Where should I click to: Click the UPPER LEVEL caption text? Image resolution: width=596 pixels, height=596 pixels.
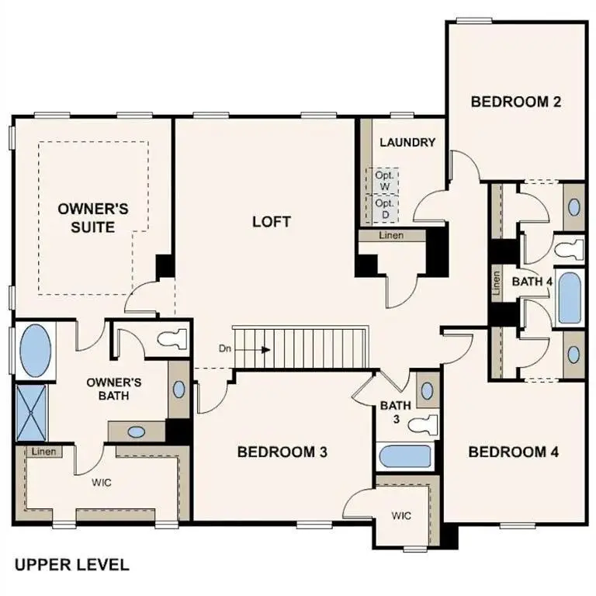pos(71,564)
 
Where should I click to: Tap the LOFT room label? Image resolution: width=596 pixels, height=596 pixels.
pos(272,222)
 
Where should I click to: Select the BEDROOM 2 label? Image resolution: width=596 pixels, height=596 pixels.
pos(516,101)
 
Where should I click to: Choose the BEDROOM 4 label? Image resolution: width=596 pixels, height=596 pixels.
pos(513,452)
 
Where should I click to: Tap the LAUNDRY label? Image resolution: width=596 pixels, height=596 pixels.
pos(407,143)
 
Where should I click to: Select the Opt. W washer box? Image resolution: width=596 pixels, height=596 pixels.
pos(384,181)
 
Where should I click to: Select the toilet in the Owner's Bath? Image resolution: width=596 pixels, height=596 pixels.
pos(172,338)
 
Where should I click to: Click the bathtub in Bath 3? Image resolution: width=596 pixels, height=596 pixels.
pos(406,457)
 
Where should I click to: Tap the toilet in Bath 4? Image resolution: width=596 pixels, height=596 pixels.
pos(568,250)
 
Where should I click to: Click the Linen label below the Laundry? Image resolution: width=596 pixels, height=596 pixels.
pos(391,235)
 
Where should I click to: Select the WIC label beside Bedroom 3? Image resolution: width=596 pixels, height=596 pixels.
pos(401,515)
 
